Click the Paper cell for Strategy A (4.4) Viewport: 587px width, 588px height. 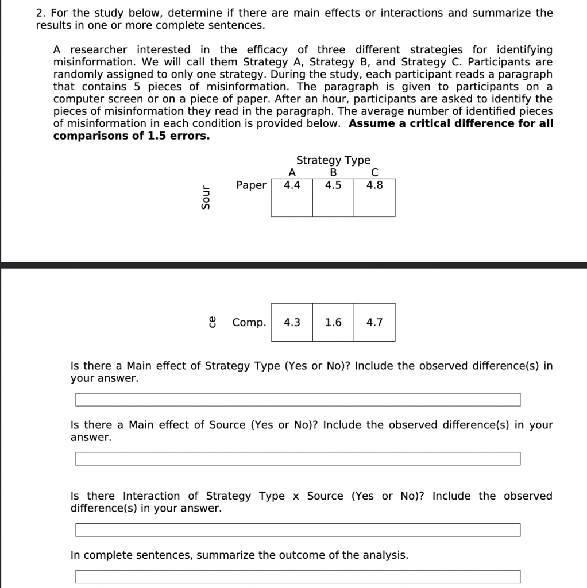[292, 197]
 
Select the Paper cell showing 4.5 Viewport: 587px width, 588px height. [333, 197]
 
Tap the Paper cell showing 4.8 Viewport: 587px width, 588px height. [374, 197]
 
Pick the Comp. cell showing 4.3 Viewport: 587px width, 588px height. [292, 322]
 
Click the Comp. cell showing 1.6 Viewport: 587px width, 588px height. [333, 322]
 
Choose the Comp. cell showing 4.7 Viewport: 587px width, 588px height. [374, 322]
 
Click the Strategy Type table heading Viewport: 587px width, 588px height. [333, 160]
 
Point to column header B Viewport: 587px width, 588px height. [333, 172]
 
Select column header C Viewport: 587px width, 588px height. [374, 172]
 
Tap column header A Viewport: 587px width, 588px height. [292, 172]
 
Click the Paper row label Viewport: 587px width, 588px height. [251, 185]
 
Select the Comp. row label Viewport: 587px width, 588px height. [249, 322]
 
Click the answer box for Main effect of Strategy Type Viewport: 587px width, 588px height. [298, 400]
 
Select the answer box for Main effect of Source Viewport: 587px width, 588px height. [298, 459]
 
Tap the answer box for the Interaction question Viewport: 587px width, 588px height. [298, 529]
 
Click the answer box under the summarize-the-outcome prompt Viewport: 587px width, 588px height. [298, 577]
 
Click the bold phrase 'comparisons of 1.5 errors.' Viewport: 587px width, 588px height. [132, 136]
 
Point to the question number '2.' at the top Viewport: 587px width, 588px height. [41, 13]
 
